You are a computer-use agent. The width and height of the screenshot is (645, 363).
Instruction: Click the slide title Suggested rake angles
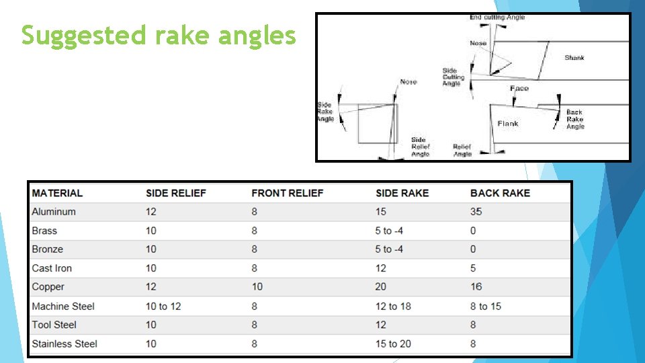tap(159, 35)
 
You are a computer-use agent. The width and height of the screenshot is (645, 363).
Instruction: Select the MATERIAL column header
tap(57, 193)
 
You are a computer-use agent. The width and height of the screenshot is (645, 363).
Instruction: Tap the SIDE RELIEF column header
tap(176, 193)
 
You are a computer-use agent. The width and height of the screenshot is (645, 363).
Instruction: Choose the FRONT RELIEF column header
tap(287, 193)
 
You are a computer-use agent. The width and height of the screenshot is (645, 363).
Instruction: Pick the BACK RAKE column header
tap(500, 193)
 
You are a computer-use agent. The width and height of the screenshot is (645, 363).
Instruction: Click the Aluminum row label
tap(54, 212)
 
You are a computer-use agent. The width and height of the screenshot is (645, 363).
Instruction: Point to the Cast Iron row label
tap(52, 268)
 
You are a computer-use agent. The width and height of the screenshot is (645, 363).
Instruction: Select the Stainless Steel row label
tap(64, 344)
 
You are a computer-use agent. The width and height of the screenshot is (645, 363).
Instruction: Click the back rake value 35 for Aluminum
tap(476, 212)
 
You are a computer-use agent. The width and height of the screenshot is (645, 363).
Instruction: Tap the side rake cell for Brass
tap(389, 231)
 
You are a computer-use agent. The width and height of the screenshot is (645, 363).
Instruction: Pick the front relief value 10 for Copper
tap(257, 287)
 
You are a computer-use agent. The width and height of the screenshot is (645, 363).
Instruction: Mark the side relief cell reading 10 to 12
tap(163, 306)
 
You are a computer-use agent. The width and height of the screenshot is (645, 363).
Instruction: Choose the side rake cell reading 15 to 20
tap(394, 344)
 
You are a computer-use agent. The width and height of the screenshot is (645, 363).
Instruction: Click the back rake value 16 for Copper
tap(476, 287)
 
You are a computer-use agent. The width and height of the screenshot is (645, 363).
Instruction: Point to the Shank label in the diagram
tap(574, 58)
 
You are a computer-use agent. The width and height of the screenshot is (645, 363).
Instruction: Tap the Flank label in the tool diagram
tap(508, 124)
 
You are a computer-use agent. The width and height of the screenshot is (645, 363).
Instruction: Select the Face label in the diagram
tap(519, 88)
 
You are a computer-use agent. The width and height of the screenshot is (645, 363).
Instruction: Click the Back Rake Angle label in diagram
tap(575, 119)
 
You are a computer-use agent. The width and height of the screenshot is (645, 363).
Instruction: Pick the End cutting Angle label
tap(497, 17)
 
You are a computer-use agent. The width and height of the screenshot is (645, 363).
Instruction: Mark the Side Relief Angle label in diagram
tap(421, 147)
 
